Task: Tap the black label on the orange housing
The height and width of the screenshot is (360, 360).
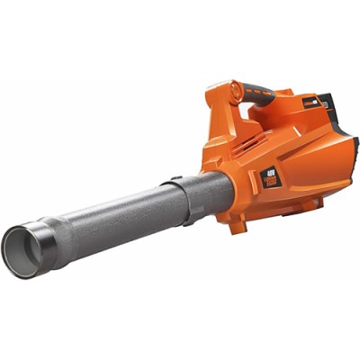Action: click(271, 175)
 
